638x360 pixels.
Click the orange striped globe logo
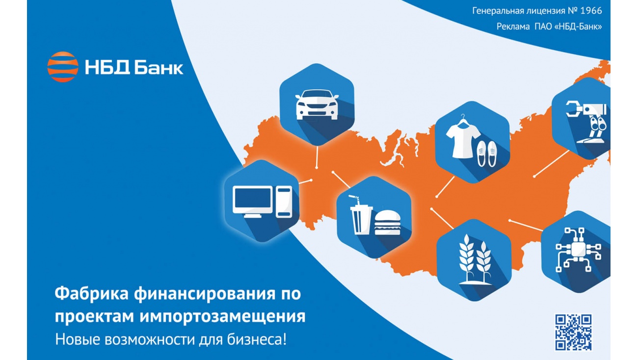point(63,67)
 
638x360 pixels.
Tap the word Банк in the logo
point(159,68)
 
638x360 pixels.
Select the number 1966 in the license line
point(591,11)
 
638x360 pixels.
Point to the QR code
point(573,333)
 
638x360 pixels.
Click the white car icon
point(317,104)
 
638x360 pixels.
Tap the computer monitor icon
point(253,202)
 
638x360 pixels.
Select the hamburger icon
point(387,223)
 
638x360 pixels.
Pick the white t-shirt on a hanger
point(463,136)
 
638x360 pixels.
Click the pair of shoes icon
point(487,154)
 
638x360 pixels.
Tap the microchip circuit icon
point(578,250)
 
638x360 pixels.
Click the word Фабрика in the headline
point(91,293)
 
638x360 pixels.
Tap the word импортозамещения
point(222,316)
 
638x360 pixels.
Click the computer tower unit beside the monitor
point(284,202)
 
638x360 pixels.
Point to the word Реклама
point(513,26)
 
